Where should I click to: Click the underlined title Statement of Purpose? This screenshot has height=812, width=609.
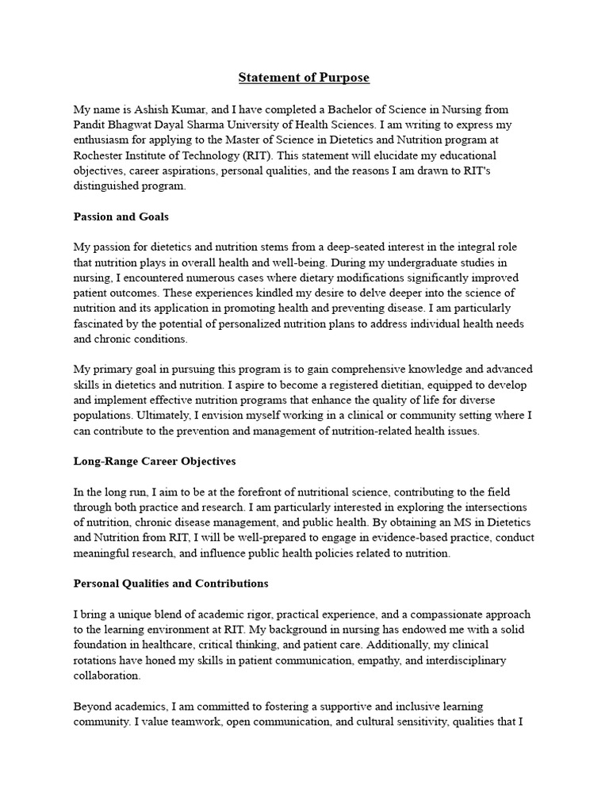coord(304,78)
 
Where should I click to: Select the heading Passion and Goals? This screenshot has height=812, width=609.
coord(121,216)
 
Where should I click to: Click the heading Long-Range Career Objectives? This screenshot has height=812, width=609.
coord(154,461)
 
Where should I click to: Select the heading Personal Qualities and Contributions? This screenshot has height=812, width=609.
coord(170,584)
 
